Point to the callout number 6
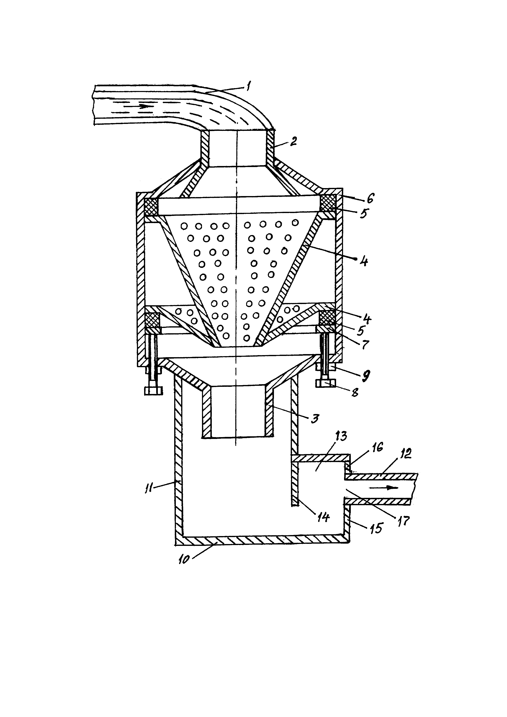pyautogui.click(x=370, y=198)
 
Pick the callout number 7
pyautogui.click(x=365, y=344)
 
